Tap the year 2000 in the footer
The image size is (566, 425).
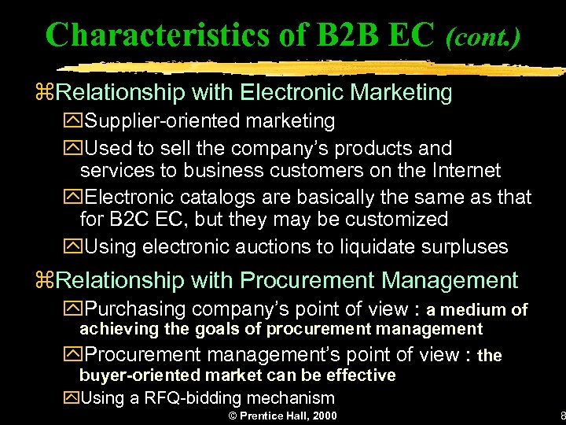(x=325, y=416)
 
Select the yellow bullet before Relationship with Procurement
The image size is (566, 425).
(x=50, y=281)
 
